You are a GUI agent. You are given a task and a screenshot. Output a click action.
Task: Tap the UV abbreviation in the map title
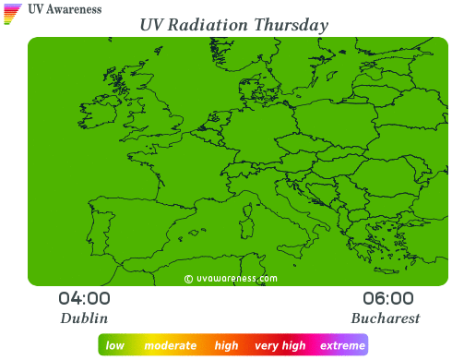(154, 24)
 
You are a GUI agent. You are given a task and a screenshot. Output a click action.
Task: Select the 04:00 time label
(84, 298)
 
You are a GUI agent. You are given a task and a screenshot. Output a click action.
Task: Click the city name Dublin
(84, 318)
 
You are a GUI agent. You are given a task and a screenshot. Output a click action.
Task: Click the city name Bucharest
(386, 318)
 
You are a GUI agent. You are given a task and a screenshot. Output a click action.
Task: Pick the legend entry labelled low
(115, 346)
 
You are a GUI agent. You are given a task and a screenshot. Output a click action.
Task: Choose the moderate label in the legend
(171, 346)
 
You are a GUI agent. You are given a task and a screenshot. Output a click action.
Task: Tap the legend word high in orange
(226, 346)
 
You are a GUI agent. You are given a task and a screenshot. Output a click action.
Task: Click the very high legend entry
(280, 346)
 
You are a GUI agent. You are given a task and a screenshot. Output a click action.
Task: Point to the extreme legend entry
(342, 346)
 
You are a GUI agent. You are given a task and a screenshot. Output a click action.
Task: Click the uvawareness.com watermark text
(236, 277)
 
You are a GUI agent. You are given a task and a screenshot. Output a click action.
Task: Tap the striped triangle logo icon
(13, 12)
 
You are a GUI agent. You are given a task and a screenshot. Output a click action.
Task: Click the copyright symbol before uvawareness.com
(188, 277)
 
